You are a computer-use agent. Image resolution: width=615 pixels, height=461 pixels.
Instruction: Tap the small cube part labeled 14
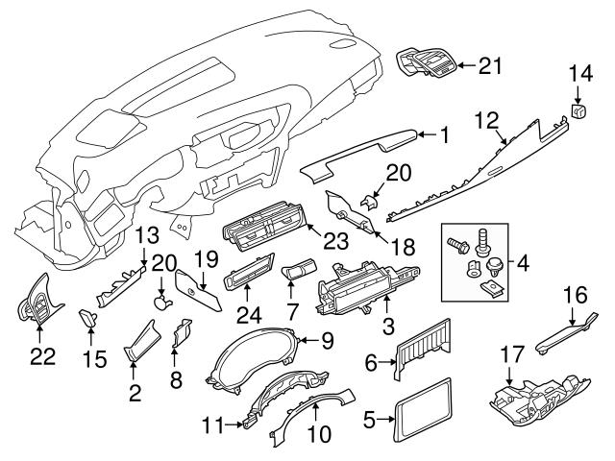[580, 111]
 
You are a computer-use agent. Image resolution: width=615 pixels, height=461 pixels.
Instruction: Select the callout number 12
[487, 121]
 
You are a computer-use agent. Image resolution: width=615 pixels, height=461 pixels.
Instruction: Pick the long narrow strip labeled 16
[566, 328]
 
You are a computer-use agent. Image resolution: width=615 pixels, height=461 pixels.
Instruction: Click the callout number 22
[39, 355]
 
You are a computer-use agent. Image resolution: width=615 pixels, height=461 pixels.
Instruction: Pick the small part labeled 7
[298, 274]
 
